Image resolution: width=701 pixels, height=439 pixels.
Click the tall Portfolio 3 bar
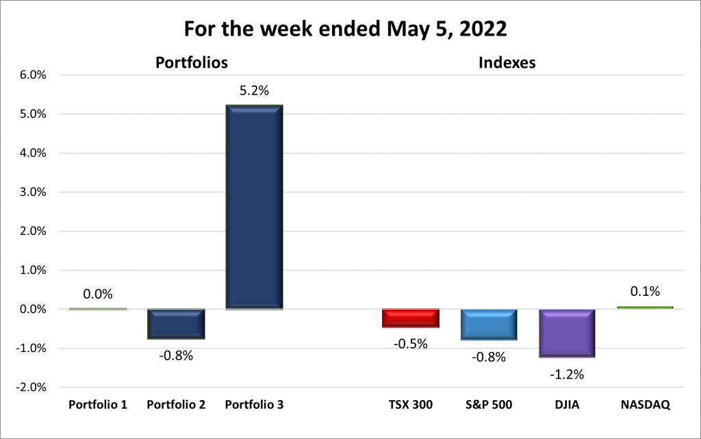click(254, 207)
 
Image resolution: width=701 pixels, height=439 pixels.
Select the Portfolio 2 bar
click(176, 324)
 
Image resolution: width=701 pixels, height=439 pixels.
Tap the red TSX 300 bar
click(411, 318)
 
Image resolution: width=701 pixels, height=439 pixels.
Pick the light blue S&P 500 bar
click(489, 325)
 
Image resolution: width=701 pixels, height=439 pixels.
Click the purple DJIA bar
click(567, 333)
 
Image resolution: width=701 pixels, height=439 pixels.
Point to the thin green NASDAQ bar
click(645, 308)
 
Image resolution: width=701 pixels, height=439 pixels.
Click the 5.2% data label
click(254, 90)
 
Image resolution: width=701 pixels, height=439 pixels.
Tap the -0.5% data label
click(411, 344)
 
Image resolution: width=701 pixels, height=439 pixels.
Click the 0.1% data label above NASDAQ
click(645, 292)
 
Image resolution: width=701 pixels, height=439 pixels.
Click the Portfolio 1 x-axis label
click(98, 405)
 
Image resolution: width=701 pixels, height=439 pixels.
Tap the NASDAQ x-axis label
click(645, 405)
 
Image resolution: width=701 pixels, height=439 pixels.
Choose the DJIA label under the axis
click(567, 405)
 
